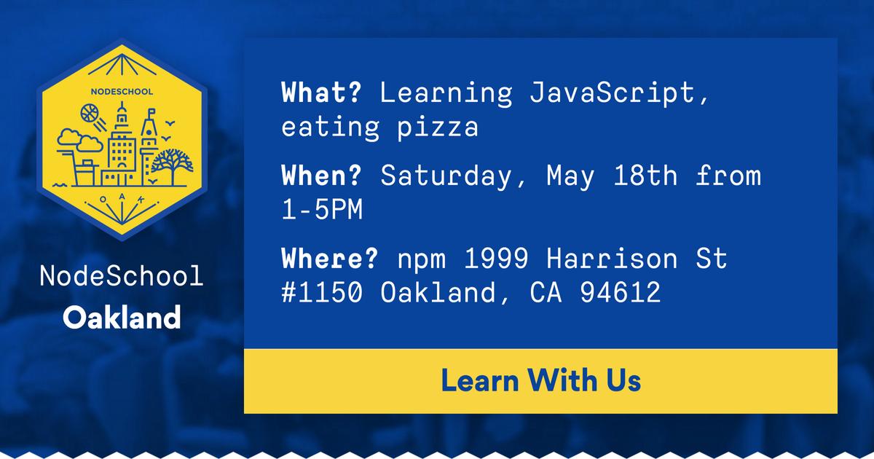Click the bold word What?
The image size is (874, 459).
pos(321,93)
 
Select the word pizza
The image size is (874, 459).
pos(438,127)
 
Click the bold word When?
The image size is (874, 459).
pos(321,176)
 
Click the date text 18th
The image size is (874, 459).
pos(645,176)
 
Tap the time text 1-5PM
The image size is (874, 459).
pos(322,209)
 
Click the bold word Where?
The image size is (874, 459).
pos(330,258)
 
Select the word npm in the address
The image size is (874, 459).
pos(422,260)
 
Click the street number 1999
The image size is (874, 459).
pos(496,258)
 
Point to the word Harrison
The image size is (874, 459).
pos(612,258)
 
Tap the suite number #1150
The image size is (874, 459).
pos(322,292)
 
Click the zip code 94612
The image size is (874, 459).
pos(621,292)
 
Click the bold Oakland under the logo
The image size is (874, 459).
pos(122,318)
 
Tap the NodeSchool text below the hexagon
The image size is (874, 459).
pos(122,275)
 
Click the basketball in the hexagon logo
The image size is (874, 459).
pos(90,113)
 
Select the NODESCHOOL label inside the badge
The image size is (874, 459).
pos(122,92)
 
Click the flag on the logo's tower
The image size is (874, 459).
pos(151,112)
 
